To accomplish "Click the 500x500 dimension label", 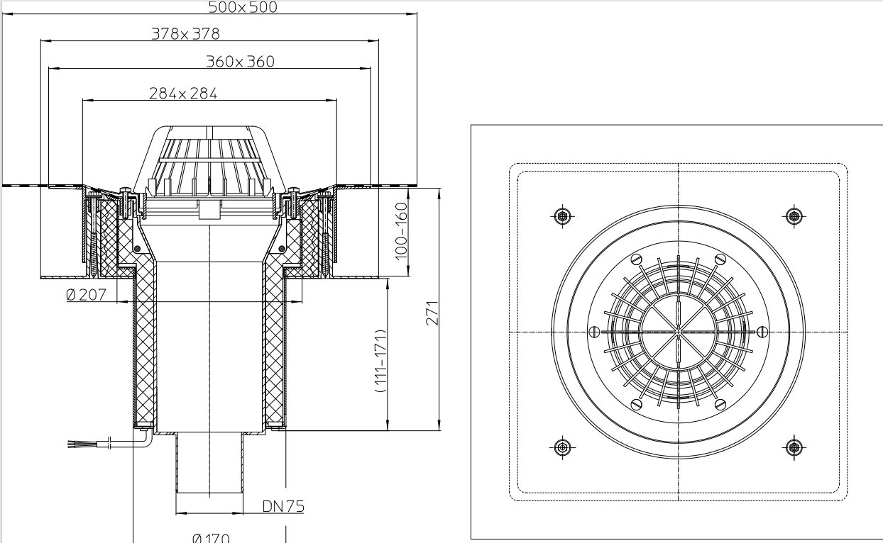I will coord(243,8).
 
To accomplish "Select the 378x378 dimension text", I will coord(185,33).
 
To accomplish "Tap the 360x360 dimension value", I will coord(240,62).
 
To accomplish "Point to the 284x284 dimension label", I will coord(183,93).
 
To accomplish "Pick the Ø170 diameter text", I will coord(210,538).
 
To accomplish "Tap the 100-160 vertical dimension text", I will coord(402,230).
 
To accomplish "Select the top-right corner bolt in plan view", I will coord(794,215).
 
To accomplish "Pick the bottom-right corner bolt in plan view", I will coord(794,447).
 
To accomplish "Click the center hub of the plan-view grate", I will coord(679,331).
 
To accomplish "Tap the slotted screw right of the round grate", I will coord(762,331).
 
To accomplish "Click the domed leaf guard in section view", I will coord(210,159).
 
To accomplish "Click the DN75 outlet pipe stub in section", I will coord(210,464).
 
